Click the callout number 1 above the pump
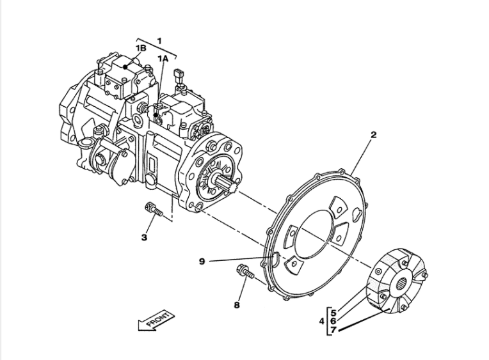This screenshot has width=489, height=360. (159, 40)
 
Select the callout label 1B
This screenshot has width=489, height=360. (141, 48)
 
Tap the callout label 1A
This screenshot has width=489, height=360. (164, 58)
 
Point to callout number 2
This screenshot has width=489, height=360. (373, 135)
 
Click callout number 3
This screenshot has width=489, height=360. (145, 237)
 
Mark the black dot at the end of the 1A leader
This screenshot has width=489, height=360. (156, 116)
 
